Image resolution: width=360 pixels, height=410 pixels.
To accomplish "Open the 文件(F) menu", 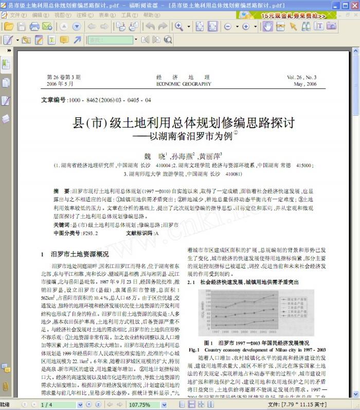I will [17, 15].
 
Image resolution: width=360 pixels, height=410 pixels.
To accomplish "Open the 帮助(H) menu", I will [149, 15].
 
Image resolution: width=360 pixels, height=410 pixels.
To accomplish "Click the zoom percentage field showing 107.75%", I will [141, 405].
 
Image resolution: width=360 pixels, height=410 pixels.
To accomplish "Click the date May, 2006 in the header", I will [305, 84].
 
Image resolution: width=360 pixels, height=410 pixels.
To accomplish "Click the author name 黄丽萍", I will [210, 155].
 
